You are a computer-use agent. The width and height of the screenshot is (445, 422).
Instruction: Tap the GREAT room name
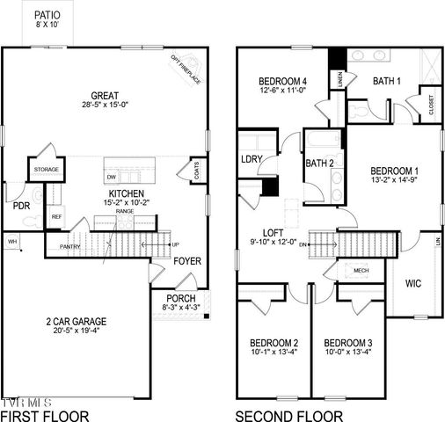(x=106, y=96)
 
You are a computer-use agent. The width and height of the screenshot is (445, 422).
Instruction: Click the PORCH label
(x=180, y=299)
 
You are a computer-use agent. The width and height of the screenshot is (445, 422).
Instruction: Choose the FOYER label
(x=186, y=261)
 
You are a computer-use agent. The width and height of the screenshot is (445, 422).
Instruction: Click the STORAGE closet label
(x=47, y=170)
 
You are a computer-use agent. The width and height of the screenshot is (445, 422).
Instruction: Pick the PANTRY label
(x=70, y=246)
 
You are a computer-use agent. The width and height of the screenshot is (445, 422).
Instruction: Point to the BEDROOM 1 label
(x=394, y=171)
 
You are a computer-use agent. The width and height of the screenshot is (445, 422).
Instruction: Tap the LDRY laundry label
(x=253, y=159)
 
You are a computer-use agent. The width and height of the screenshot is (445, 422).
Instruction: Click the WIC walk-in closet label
(x=415, y=283)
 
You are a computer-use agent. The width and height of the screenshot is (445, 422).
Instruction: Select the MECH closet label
(x=361, y=271)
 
